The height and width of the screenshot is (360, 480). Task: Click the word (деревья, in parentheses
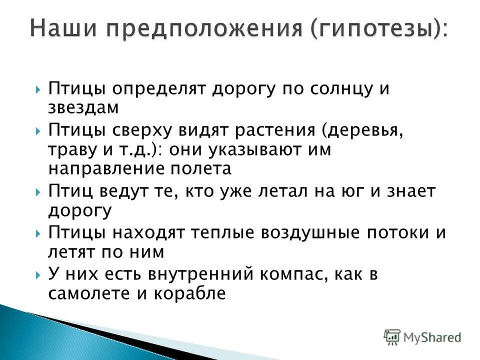pyautogui.click(x=363, y=131)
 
